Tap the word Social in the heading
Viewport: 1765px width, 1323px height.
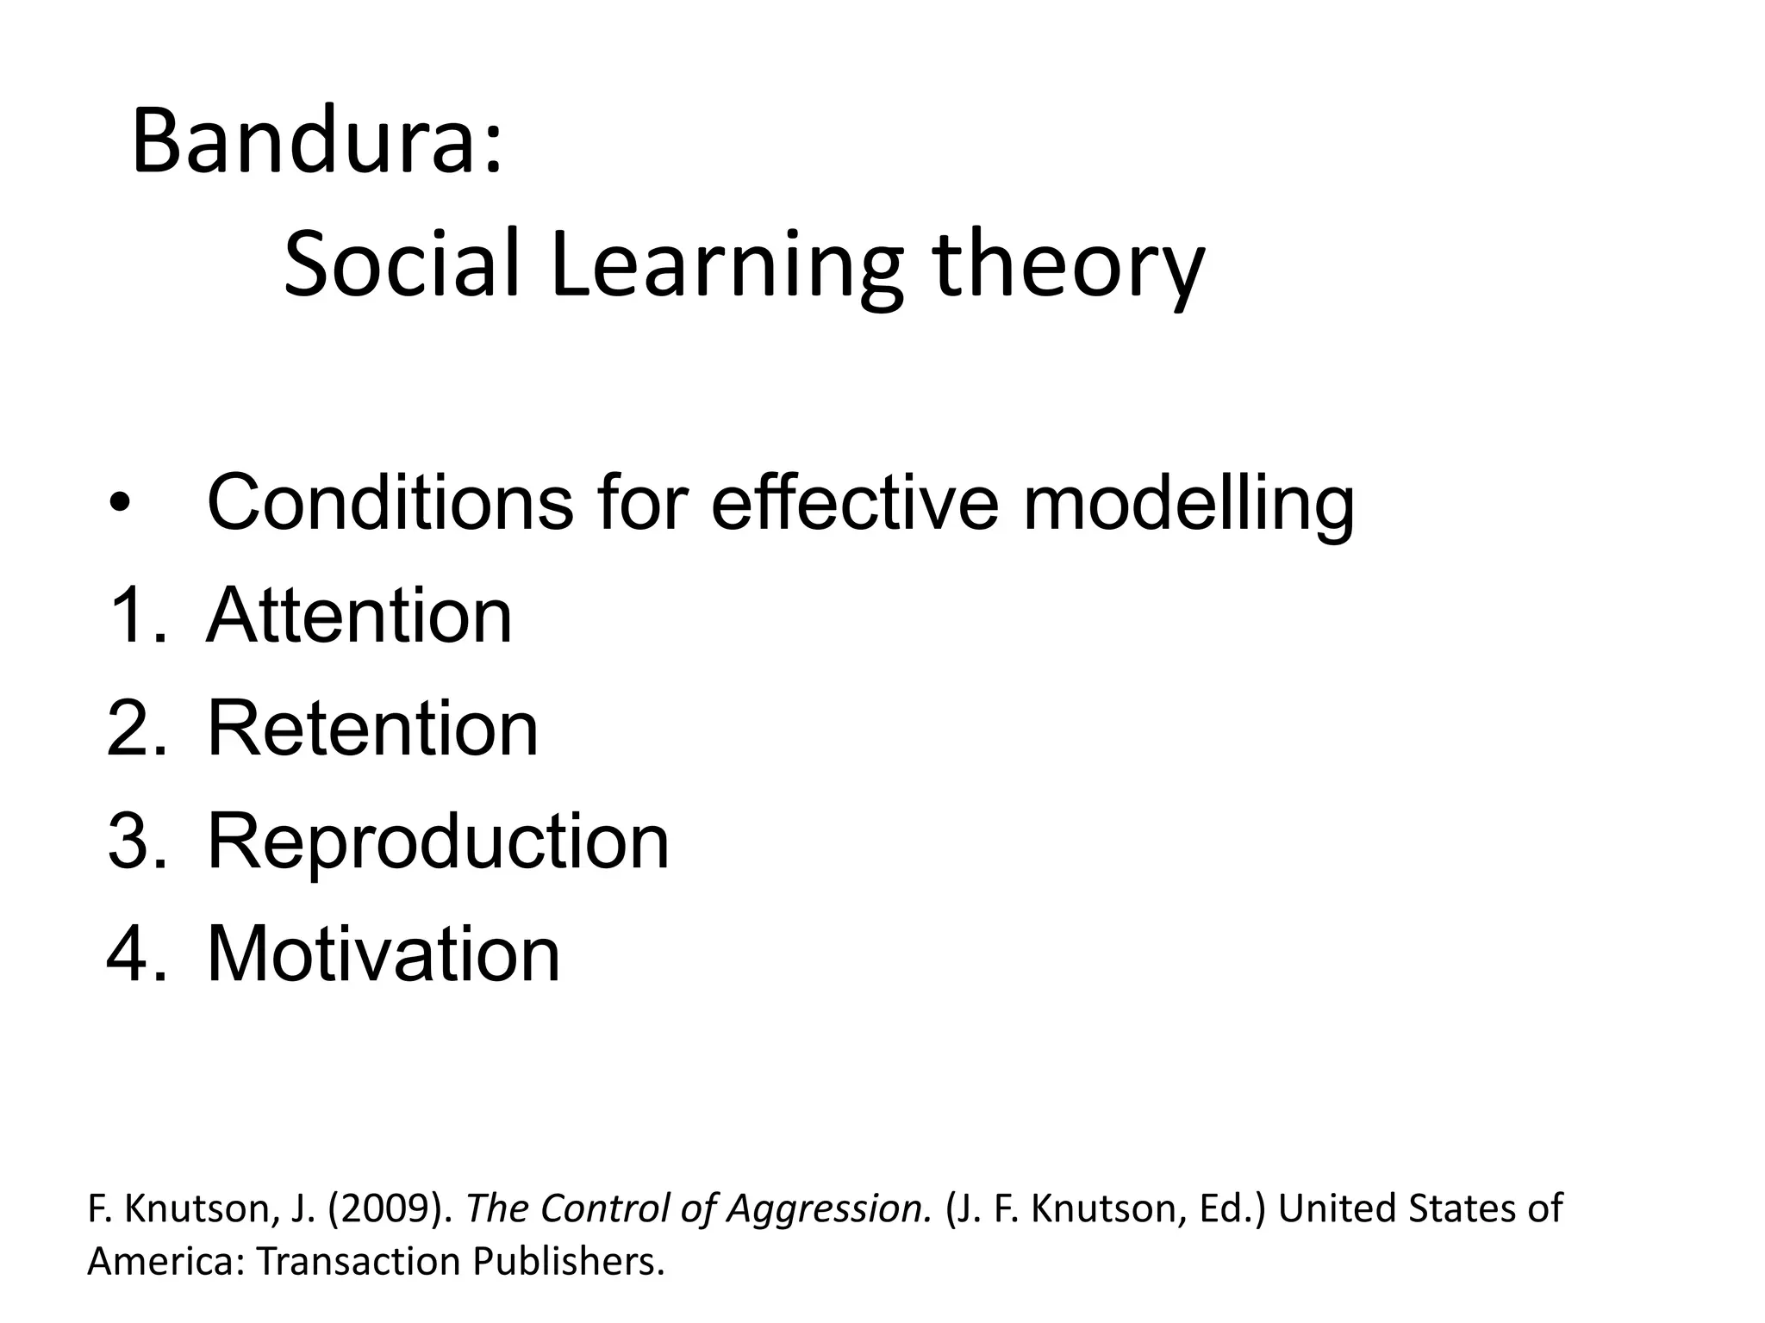click(x=402, y=264)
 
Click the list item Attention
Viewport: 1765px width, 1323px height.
click(x=359, y=615)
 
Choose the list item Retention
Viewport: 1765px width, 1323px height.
click(x=372, y=729)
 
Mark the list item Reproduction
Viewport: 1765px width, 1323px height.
click(x=438, y=842)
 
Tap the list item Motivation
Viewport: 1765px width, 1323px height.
click(x=384, y=953)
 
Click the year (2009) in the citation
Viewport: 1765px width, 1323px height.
click(x=390, y=1208)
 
